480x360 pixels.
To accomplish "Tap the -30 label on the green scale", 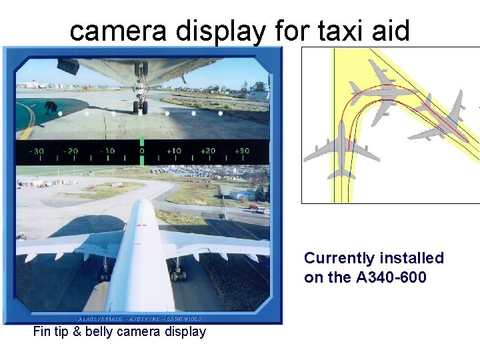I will click(x=37, y=151).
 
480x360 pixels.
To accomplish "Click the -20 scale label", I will click(x=71, y=151).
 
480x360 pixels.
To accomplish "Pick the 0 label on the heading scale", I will click(x=141, y=151).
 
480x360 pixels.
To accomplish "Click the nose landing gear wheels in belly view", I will click(x=140, y=105).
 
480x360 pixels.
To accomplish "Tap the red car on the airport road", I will click(x=254, y=208).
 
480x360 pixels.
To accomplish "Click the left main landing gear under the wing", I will click(x=105, y=272).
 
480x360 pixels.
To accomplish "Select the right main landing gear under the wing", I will click(x=177, y=272).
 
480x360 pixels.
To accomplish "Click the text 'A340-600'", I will click(x=391, y=277).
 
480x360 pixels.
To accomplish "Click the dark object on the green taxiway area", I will click(x=50, y=107).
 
